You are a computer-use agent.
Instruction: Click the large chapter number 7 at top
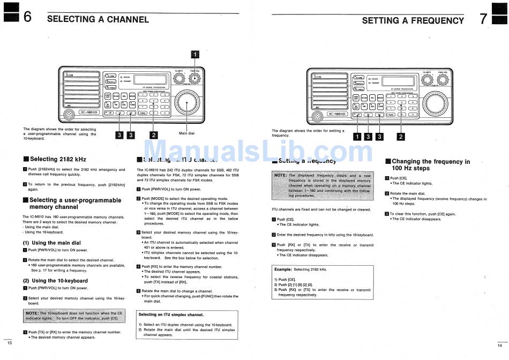[x=483, y=19]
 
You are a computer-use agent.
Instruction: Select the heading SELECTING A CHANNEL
[x=98, y=20]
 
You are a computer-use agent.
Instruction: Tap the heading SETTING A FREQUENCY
[x=413, y=21]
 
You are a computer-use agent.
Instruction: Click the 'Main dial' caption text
[x=186, y=133]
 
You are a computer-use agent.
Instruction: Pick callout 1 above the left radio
[x=196, y=54]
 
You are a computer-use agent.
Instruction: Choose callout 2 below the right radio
[x=400, y=136]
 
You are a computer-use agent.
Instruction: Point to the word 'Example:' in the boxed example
[x=283, y=269]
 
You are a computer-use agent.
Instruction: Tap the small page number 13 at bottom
[x=9, y=342]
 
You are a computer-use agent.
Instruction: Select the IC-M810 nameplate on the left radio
[x=88, y=112]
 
